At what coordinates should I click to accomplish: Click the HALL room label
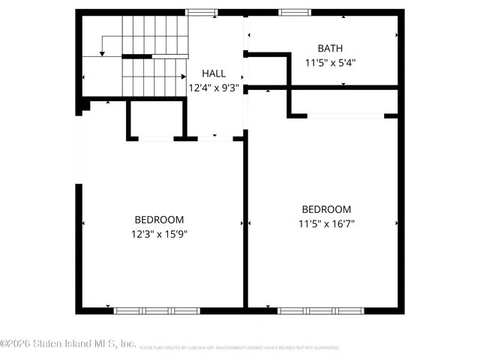pyautogui.click(x=213, y=74)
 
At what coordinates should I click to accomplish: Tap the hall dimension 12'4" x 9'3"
pyautogui.click(x=213, y=87)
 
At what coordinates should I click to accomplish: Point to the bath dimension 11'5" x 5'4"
pyautogui.click(x=329, y=63)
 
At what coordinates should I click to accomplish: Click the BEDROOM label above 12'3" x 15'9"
pyautogui.click(x=159, y=220)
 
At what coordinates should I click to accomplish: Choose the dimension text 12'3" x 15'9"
pyautogui.click(x=159, y=233)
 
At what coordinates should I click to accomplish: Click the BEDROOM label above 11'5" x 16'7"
pyautogui.click(x=326, y=209)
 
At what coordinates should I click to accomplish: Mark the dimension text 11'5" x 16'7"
pyautogui.click(x=326, y=223)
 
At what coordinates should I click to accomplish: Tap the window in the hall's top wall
pyautogui.click(x=201, y=12)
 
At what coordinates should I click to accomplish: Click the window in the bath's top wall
pyautogui.click(x=292, y=12)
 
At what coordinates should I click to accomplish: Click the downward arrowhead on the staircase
pyautogui.click(x=103, y=53)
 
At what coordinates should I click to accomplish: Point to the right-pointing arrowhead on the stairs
pyautogui.click(x=183, y=76)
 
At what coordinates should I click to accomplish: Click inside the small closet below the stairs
pyautogui.click(x=156, y=118)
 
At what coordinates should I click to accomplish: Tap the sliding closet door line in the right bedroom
pyautogui.click(x=345, y=115)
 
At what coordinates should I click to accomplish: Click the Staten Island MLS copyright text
pyautogui.click(x=68, y=343)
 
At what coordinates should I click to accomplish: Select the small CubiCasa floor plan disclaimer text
pyautogui.click(x=239, y=348)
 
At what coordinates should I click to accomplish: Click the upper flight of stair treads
pyautogui.click(x=154, y=34)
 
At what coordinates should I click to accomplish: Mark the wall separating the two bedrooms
pyautogui.click(x=245, y=225)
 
